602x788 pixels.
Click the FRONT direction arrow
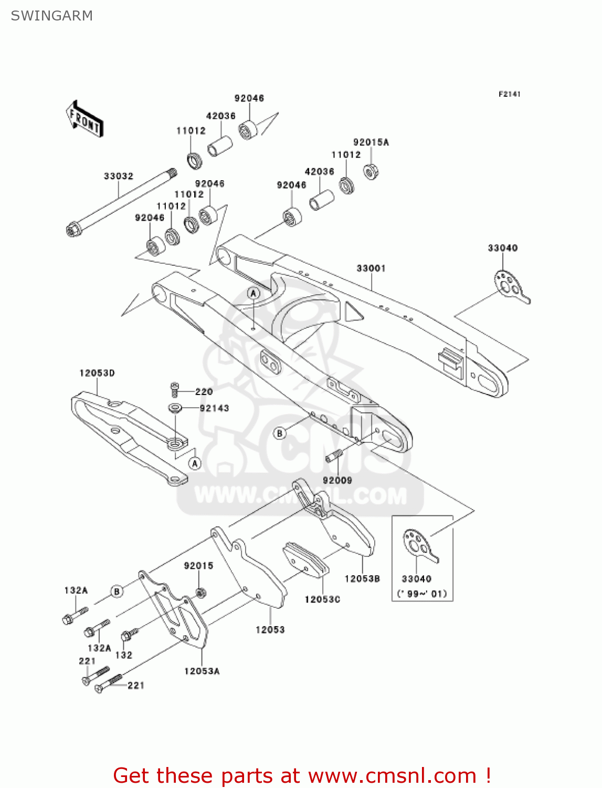[x=85, y=119]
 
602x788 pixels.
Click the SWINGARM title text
[x=51, y=16]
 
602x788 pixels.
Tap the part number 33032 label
[x=118, y=176]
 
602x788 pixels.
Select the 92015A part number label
[x=371, y=142]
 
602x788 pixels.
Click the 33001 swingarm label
[x=371, y=268]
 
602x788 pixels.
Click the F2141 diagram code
[x=509, y=94]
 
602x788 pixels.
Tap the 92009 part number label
[x=337, y=480]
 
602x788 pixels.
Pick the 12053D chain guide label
[x=97, y=373]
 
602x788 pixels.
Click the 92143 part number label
[x=214, y=408]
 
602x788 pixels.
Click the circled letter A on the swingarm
[x=254, y=293]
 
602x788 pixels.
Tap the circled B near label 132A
[x=117, y=592]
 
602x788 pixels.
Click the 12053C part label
[x=322, y=599]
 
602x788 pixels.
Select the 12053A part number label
[x=202, y=671]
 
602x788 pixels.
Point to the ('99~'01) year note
[x=422, y=594]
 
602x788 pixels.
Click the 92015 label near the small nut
[x=198, y=566]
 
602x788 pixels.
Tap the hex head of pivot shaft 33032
[x=72, y=230]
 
